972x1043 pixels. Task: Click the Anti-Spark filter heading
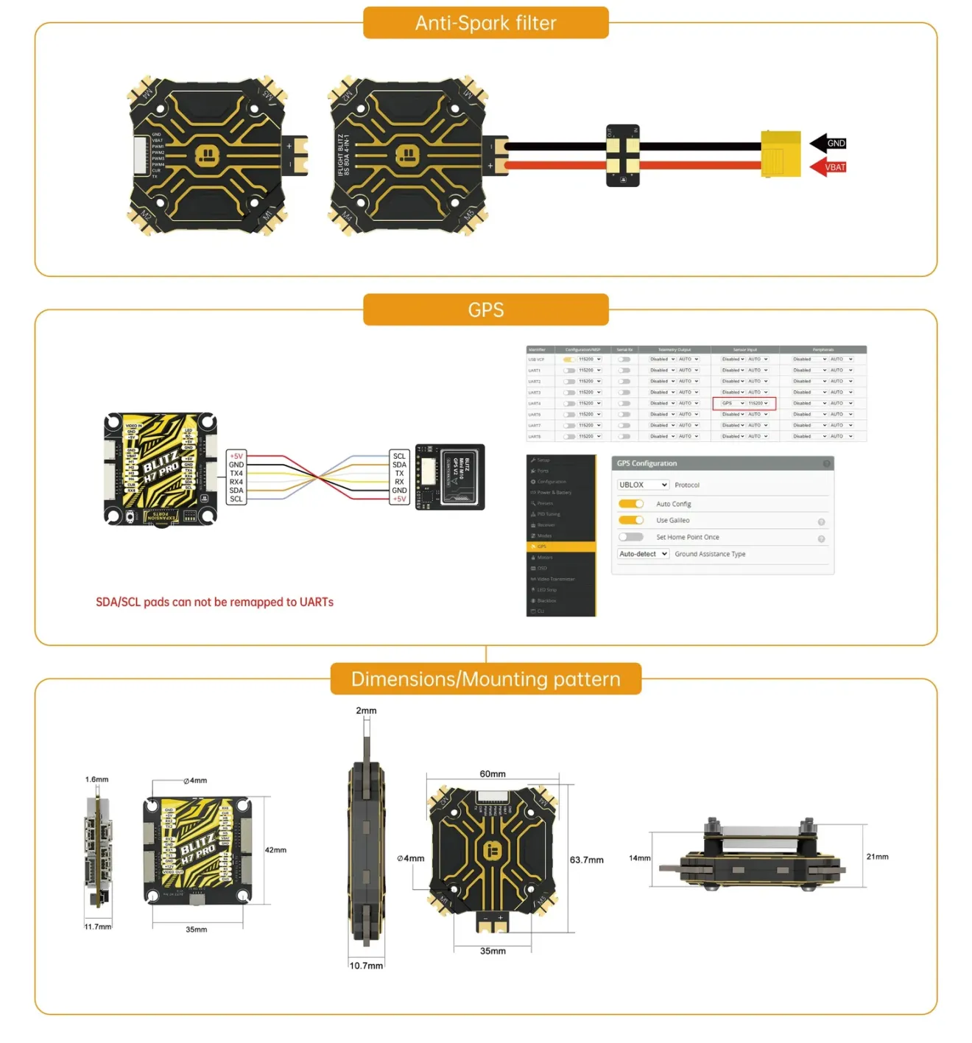coord(485,23)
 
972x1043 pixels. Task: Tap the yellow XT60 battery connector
coord(781,154)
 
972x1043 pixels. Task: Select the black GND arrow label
coord(829,143)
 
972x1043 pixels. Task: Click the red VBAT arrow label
coord(828,167)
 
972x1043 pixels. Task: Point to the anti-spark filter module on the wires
coord(622,155)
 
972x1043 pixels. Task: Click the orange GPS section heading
coord(485,310)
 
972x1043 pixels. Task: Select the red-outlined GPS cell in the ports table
coord(744,404)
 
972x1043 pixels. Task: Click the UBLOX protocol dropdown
coord(643,485)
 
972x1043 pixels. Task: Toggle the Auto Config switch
coord(631,504)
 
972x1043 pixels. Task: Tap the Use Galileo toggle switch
coord(631,520)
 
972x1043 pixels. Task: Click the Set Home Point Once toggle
coord(631,537)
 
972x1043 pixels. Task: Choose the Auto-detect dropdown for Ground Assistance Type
coord(643,554)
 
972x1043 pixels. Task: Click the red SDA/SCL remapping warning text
coord(214,603)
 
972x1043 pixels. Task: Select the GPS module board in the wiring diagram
coord(450,477)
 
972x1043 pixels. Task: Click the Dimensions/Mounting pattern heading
coord(485,679)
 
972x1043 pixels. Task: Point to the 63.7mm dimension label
coord(586,860)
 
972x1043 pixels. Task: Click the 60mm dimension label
coord(493,774)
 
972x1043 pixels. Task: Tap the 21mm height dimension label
coord(877,857)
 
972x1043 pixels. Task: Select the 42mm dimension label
coord(275,850)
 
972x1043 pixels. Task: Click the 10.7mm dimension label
coord(366,966)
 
